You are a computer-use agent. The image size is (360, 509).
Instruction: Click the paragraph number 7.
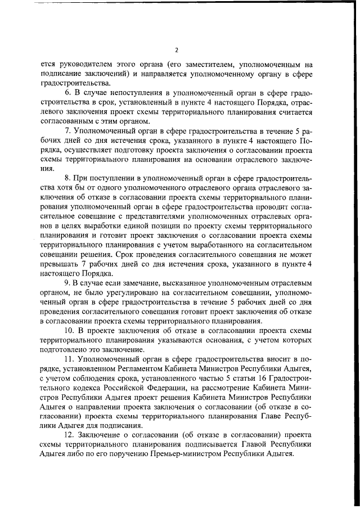69,130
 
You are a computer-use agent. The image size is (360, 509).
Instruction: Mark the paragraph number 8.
69,178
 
